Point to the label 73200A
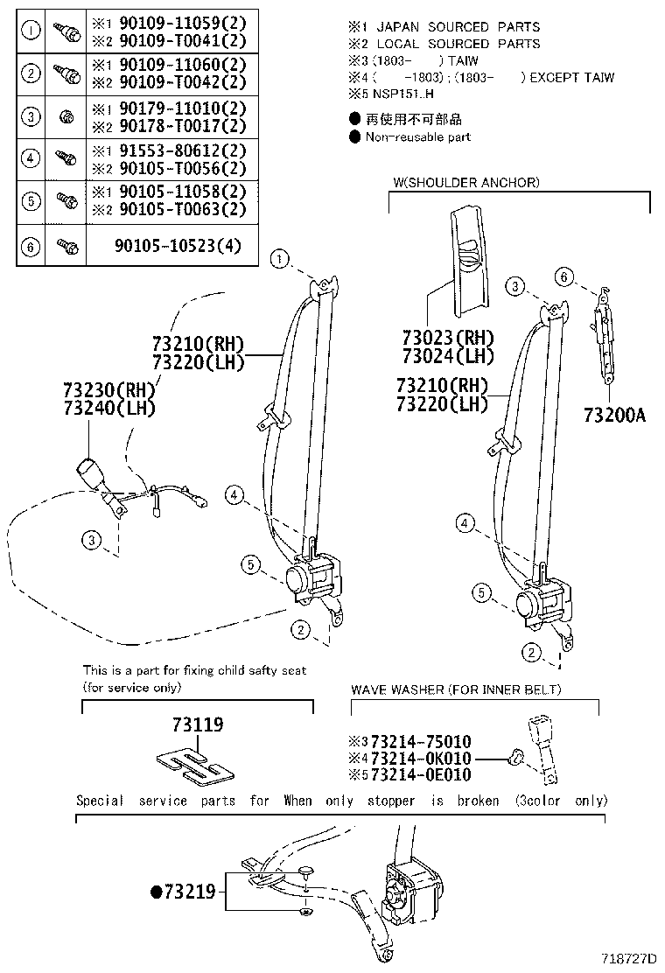[614, 416]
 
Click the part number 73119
[198, 724]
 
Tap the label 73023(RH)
[448, 338]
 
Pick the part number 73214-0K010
[421, 758]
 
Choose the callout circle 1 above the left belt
[279, 258]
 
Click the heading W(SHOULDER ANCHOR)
[466, 183]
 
